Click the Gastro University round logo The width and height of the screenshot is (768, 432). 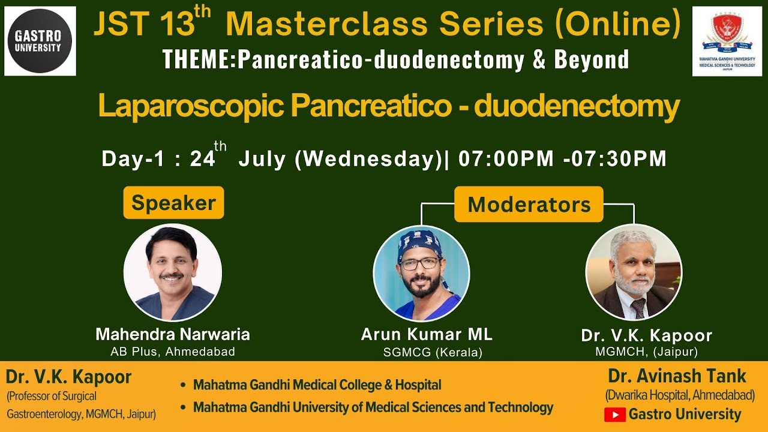click(40, 41)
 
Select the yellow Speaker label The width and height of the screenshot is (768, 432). click(173, 203)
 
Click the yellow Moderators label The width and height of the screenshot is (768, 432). click(529, 205)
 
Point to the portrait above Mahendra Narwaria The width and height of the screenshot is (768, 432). click(173, 272)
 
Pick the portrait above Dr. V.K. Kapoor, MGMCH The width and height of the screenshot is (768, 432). click(634, 272)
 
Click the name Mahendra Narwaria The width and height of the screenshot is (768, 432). click(173, 334)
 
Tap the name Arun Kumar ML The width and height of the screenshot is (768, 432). click(427, 334)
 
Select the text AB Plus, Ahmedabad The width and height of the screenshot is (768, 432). click(173, 352)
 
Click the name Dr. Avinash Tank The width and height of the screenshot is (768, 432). click(677, 376)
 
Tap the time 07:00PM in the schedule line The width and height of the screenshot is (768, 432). click(506, 158)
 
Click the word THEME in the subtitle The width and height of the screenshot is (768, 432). click(197, 59)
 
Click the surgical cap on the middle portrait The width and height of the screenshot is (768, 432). click(419, 242)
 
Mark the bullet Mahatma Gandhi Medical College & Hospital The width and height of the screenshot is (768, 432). click(317, 385)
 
